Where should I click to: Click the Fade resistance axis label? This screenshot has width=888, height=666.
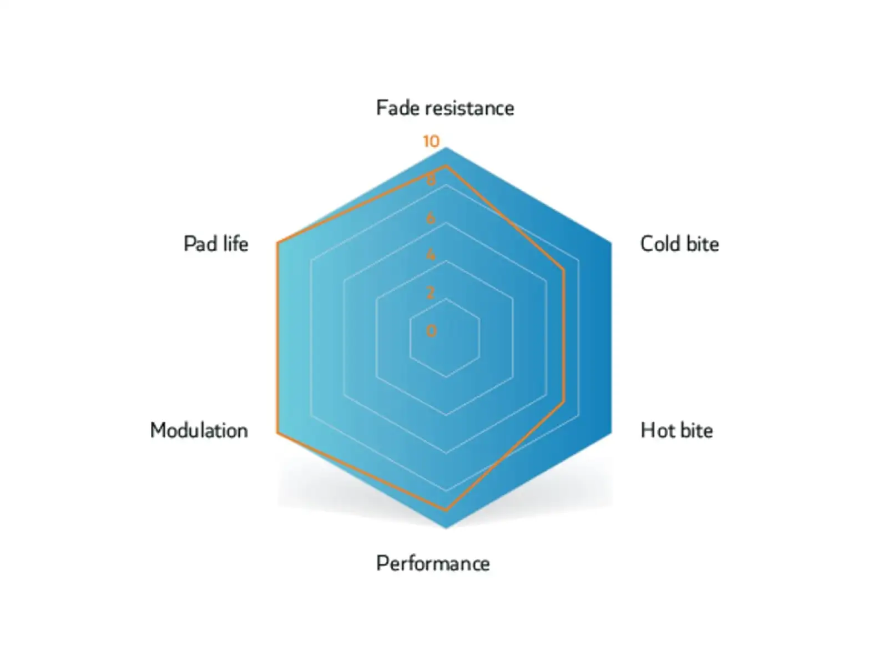445,108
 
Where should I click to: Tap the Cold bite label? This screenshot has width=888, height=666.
680,244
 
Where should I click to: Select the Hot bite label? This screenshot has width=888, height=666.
677,430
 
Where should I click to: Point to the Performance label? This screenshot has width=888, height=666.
433,563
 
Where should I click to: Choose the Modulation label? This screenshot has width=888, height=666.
199,430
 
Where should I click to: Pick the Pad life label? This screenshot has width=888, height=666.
216,244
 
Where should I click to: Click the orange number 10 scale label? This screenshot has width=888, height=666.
431,142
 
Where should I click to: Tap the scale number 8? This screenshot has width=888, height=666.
431,179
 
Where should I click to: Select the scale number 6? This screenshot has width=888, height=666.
431,218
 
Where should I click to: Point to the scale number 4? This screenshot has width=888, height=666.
431,255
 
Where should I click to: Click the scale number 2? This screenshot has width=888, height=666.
431,293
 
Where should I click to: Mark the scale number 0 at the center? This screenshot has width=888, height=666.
432,331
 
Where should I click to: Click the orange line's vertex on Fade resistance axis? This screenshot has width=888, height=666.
446,166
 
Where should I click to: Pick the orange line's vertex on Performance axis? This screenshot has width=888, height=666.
446,510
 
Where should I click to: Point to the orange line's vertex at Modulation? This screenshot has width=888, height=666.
278,433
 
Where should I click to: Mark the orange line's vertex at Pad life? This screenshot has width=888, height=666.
278,243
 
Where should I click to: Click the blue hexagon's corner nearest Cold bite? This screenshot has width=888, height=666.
611,243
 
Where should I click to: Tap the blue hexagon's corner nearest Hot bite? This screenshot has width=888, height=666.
611,433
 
